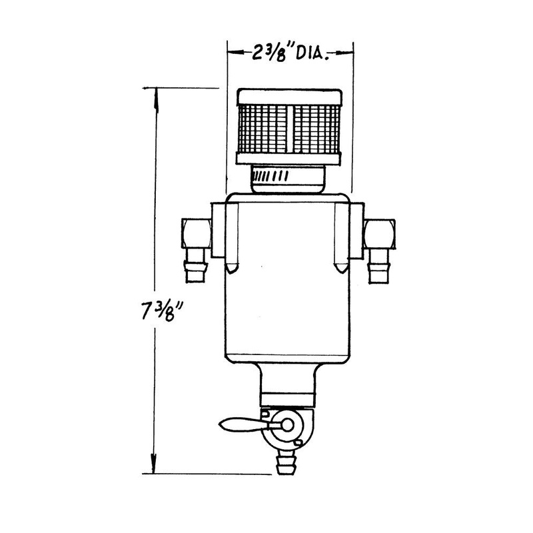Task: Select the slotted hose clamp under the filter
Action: click(286, 178)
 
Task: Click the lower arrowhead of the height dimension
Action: click(156, 466)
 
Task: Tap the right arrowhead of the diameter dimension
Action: click(348, 49)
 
